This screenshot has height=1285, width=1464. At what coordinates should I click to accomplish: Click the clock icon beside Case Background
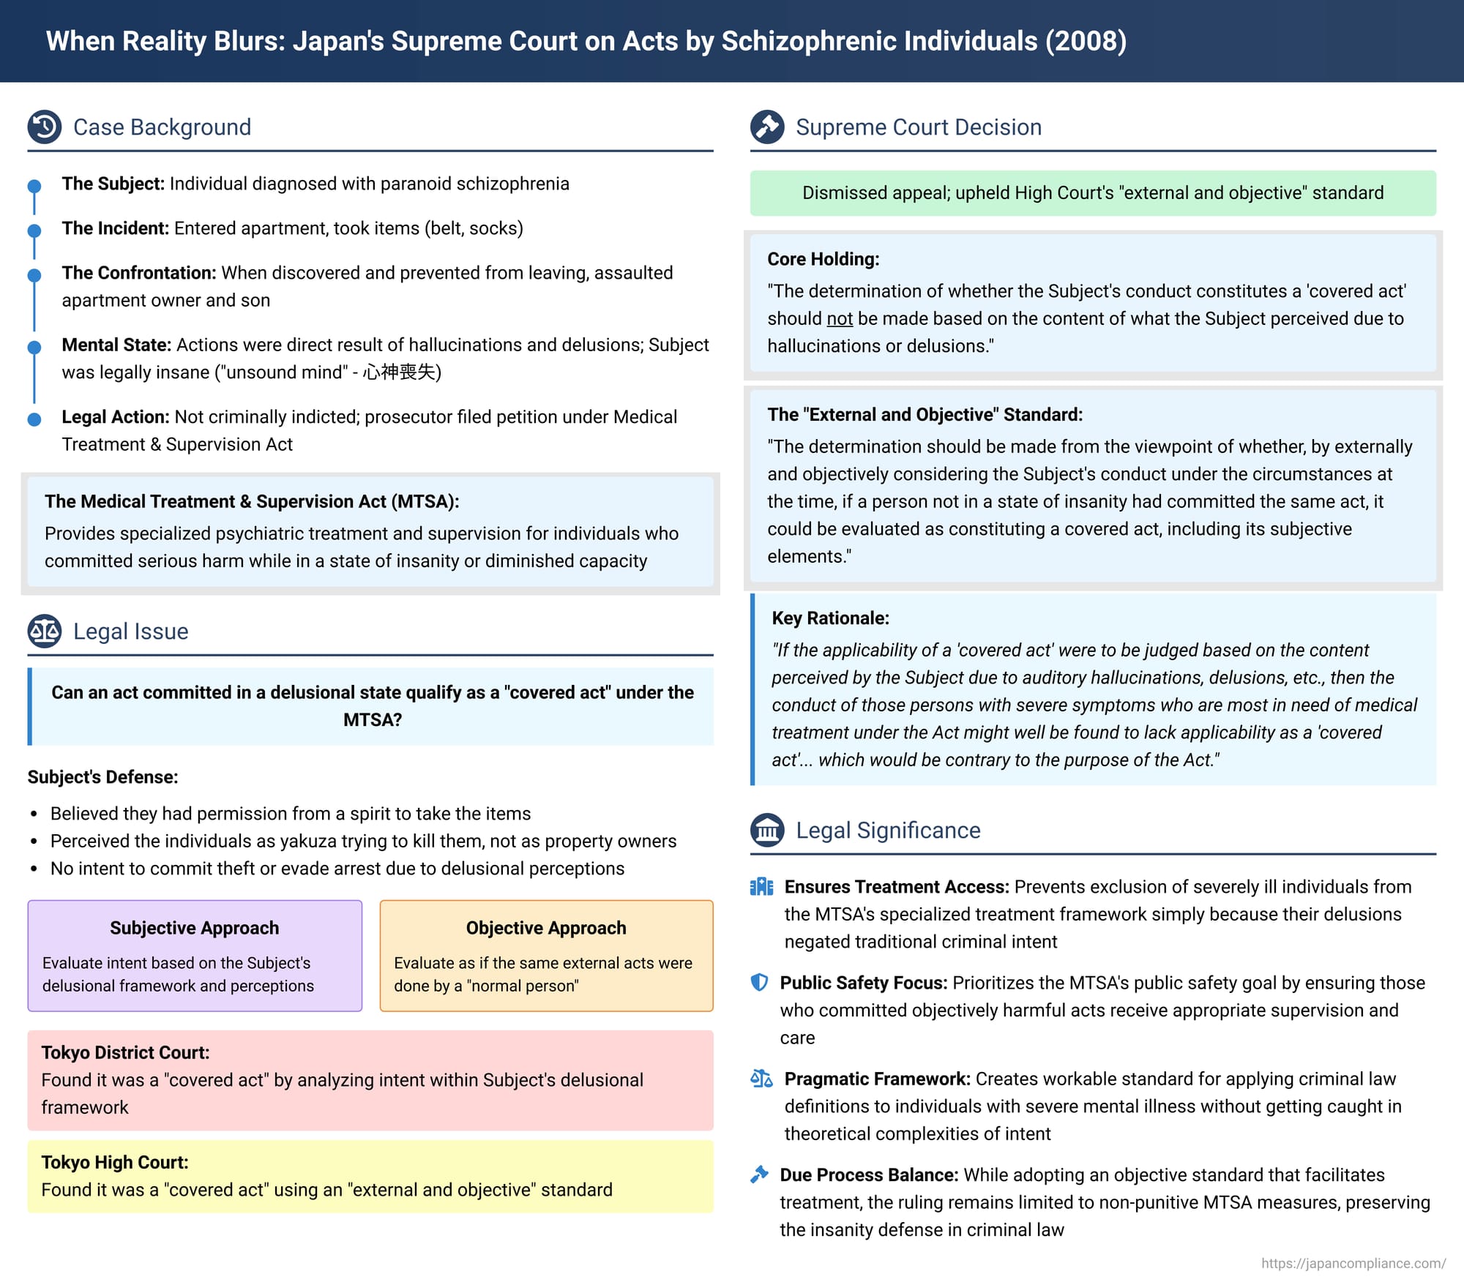45,127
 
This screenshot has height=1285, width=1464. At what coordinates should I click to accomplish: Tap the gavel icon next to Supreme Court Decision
767,127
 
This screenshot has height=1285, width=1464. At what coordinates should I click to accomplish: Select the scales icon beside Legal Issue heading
45,631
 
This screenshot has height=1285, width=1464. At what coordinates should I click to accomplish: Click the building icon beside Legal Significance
767,830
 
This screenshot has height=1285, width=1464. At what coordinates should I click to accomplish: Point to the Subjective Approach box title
194,928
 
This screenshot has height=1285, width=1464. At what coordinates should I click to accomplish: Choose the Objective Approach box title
546,928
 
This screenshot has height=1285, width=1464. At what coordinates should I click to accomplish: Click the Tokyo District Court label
125,1052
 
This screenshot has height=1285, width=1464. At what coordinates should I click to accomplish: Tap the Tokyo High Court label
115,1162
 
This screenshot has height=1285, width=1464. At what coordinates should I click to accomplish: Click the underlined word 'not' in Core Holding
840,319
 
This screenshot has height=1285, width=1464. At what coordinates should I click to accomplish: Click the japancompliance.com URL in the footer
1353,1263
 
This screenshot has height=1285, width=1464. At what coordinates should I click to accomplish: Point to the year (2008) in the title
1086,41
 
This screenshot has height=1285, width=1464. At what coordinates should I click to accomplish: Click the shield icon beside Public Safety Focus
760,982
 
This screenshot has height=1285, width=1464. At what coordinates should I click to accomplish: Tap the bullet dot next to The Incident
34,231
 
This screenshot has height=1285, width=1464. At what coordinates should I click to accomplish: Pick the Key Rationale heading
830,618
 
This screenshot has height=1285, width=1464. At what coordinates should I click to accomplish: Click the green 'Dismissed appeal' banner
1093,193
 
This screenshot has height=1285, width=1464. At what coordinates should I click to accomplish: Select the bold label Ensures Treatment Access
897,887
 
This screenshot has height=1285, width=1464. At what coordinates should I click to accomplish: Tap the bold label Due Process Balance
869,1175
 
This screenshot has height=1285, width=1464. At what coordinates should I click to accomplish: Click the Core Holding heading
823,259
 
